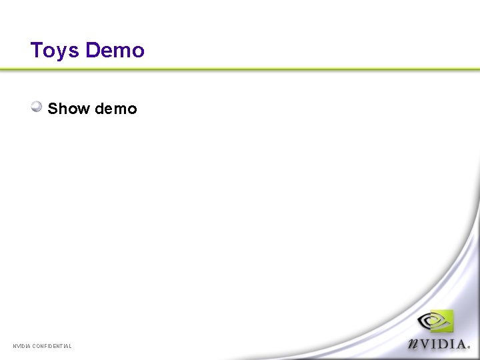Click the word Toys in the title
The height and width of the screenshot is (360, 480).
tap(55, 51)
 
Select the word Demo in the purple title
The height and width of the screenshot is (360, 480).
tap(115, 51)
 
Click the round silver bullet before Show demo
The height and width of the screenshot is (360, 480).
tap(37, 107)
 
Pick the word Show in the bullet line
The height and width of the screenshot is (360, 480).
tap(69, 109)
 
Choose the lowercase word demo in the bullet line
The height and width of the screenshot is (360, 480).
tap(116, 109)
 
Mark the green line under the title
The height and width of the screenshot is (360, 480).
tap(240, 69)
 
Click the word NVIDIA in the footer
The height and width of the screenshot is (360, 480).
tap(21, 346)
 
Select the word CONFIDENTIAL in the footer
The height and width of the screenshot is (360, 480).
tap(52, 346)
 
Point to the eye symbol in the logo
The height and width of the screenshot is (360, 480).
tap(432, 322)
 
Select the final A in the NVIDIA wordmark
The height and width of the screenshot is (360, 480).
tap(461, 343)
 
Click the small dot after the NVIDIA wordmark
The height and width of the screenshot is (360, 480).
tap(469, 347)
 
